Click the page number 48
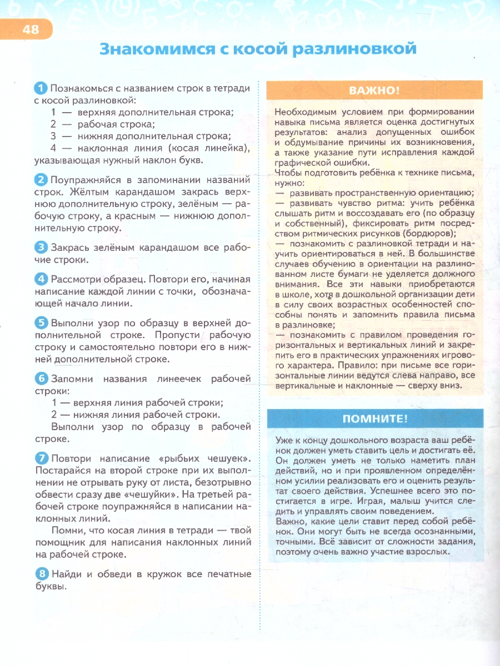tap(31, 29)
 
